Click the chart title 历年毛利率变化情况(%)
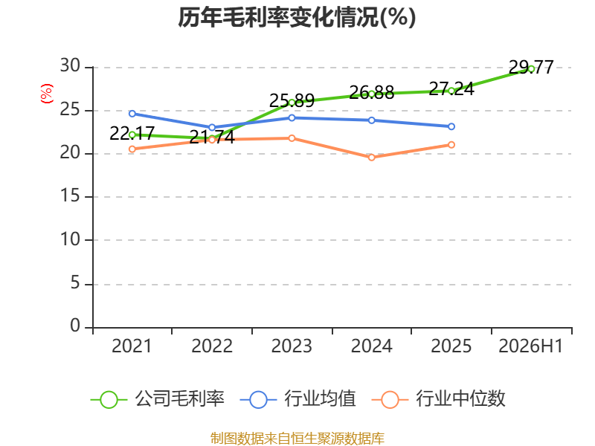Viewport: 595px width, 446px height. (x=297, y=17)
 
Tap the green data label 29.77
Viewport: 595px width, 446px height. (x=531, y=67)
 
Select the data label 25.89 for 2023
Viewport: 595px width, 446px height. (x=292, y=100)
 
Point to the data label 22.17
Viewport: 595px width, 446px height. (x=132, y=133)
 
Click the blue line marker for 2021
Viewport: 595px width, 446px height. (x=132, y=114)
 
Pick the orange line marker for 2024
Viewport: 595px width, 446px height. (x=371, y=158)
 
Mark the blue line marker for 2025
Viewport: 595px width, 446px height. (x=451, y=126)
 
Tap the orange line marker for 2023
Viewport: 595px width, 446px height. (x=292, y=138)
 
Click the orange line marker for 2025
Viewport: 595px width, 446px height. (x=451, y=145)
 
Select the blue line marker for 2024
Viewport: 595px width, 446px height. (x=371, y=120)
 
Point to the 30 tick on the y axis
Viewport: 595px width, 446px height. (x=70, y=66)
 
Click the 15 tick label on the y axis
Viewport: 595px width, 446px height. (x=70, y=196)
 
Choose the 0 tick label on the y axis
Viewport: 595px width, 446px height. (x=75, y=326)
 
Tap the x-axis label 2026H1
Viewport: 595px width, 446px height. (x=530, y=346)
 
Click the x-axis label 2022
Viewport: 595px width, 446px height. (x=212, y=346)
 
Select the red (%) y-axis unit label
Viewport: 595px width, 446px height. (x=47, y=94)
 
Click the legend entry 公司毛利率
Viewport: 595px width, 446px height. (x=158, y=399)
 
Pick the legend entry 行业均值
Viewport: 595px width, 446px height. (x=298, y=399)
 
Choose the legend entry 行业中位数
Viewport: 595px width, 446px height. (x=438, y=399)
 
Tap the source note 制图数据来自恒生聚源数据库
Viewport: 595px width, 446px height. (x=297, y=439)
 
